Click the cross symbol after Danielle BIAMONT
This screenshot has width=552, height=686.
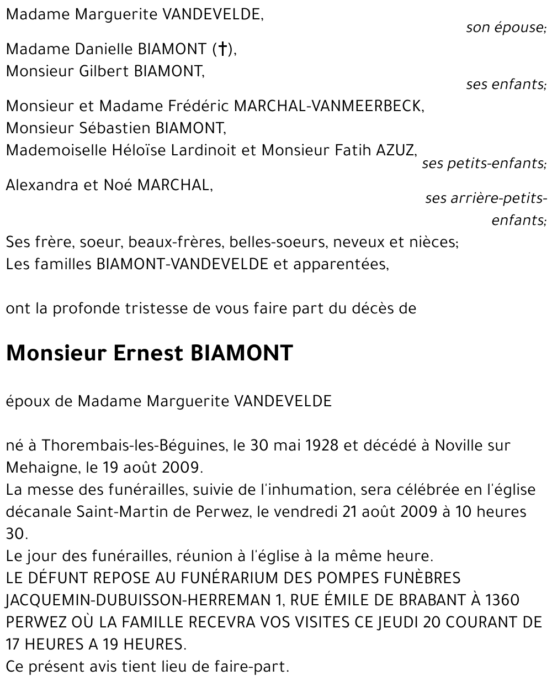222,49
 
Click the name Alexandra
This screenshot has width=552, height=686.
42,185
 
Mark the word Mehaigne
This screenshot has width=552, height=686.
41,468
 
